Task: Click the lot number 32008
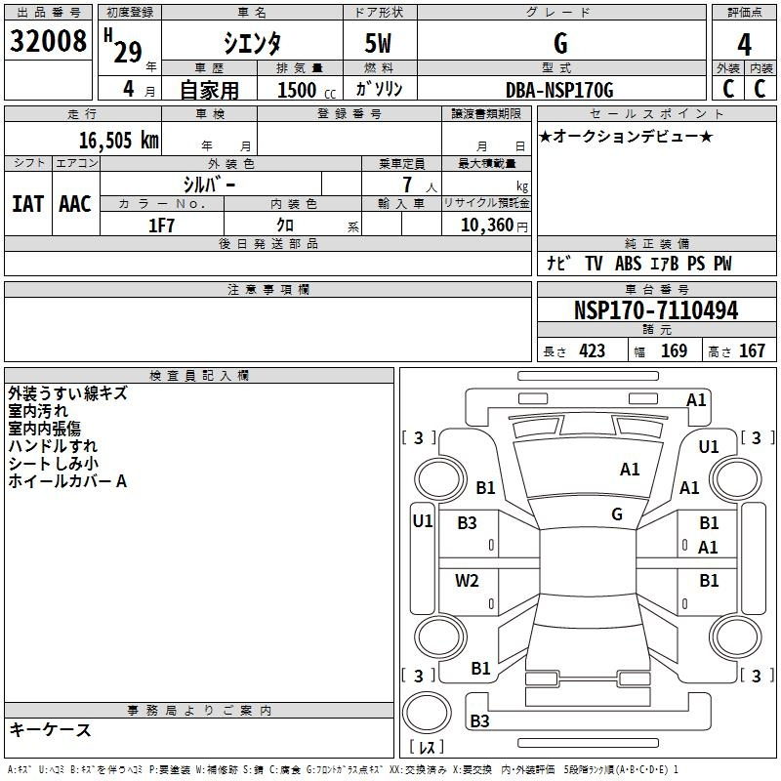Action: (48, 41)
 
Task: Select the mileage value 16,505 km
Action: (119, 141)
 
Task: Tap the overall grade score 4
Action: (744, 45)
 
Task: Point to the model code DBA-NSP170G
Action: (559, 90)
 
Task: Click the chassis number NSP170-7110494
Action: (656, 310)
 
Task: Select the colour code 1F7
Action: (161, 226)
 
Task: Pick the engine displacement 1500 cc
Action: (307, 90)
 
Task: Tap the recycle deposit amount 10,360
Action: (487, 226)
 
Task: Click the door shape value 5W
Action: (378, 43)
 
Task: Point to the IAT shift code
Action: (28, 204)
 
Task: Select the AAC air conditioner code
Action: (75, 204)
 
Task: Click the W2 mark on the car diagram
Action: (467, 581)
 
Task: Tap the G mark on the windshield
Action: (617, 514)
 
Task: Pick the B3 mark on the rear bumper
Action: (479, 720)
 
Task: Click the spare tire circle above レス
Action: (427, 713)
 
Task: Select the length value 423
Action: (593, 351)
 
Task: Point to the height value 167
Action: (752, 351)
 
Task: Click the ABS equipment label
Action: (628, 264)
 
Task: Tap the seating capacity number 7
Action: (407, 185)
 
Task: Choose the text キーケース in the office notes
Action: (51, 729)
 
